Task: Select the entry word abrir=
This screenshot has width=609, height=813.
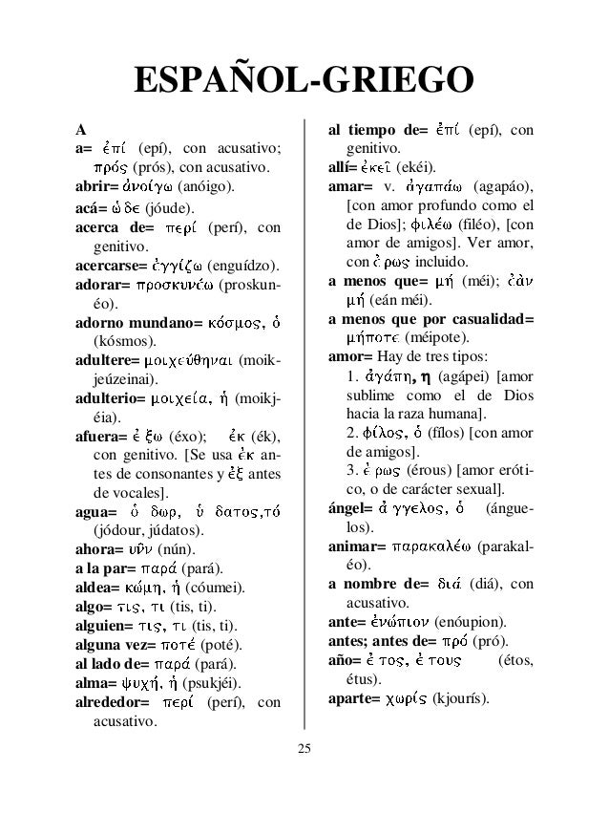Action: [x=99, y=186]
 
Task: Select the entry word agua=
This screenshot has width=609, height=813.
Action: [x=98, y=512]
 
